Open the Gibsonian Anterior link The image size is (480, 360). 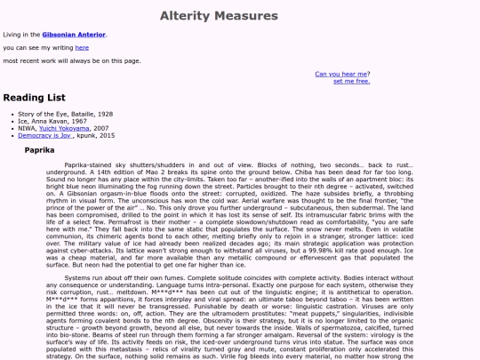74,35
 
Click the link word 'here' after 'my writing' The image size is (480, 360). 82,48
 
